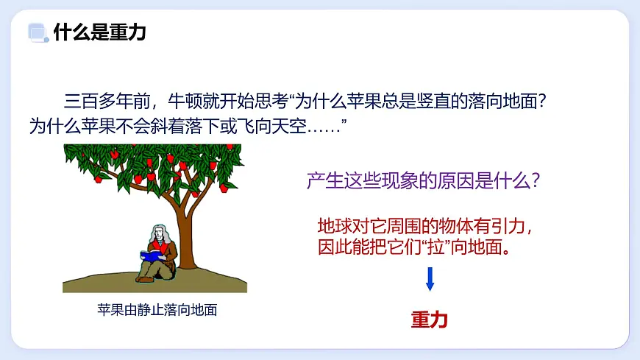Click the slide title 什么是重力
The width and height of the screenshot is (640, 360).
100,32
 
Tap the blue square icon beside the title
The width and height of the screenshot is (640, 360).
36,32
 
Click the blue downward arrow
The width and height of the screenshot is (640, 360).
430,278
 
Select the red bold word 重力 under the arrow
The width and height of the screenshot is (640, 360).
430,320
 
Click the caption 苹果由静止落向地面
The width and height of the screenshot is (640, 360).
157,310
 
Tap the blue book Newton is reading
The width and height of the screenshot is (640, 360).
152,255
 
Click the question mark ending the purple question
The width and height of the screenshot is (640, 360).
536,180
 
